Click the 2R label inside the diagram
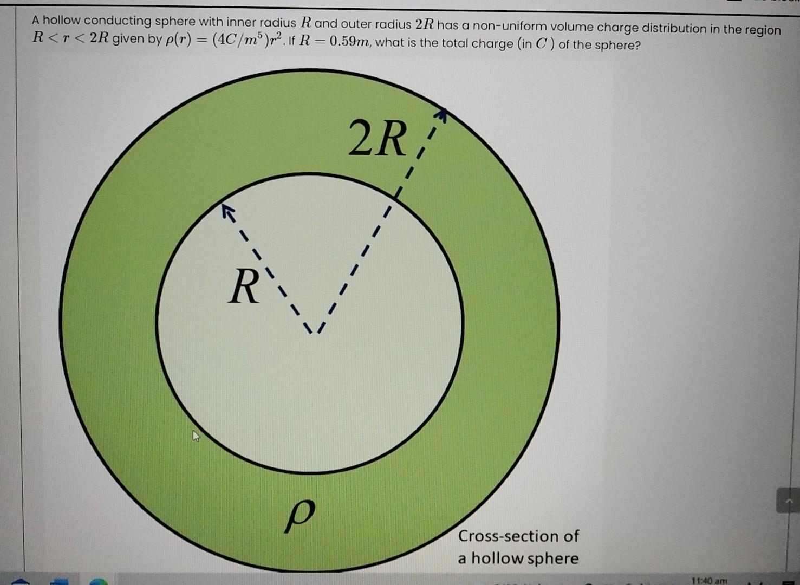(377, 139)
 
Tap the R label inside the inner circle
(243, 287)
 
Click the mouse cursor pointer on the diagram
(196, 436)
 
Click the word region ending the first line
(763, 30)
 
